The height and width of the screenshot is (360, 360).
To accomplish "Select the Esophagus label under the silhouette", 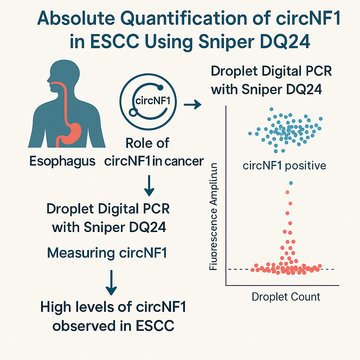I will pos(62,161).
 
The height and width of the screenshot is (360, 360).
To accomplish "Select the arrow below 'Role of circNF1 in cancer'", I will pos(149,186).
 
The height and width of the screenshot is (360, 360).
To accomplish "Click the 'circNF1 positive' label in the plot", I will pos(284,165).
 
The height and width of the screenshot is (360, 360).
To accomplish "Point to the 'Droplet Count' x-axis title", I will pos(286,297).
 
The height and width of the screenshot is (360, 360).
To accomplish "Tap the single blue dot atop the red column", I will pos(290,183).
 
